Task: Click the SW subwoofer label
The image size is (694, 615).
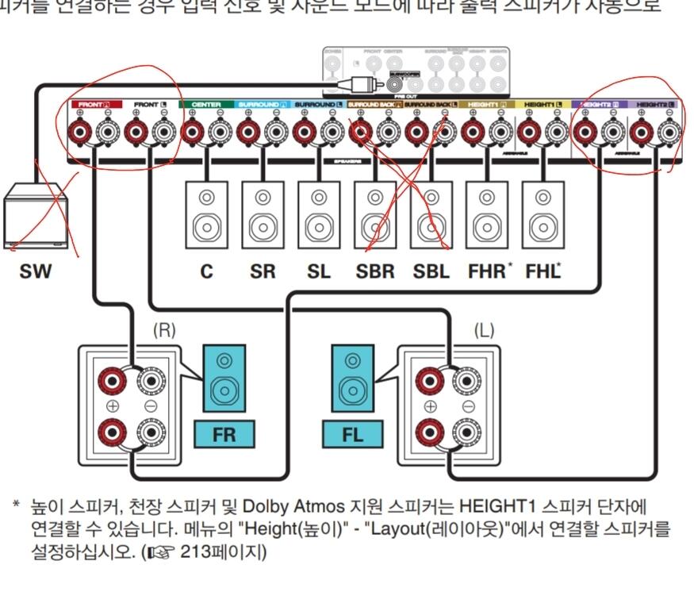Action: click(36, 271)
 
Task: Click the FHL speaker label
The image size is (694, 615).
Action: click(543, 271)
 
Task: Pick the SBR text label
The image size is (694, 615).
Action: click(375, 271)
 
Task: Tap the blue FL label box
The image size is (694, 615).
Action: click(352, 435)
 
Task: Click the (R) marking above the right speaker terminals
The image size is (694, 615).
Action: click(164, 331)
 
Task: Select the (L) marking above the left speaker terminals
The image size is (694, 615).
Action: click(483, 331)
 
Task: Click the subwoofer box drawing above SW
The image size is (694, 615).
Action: click(35, 216)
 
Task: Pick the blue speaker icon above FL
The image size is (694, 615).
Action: click(352, 379)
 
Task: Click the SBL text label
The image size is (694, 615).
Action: click(431, 271)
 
